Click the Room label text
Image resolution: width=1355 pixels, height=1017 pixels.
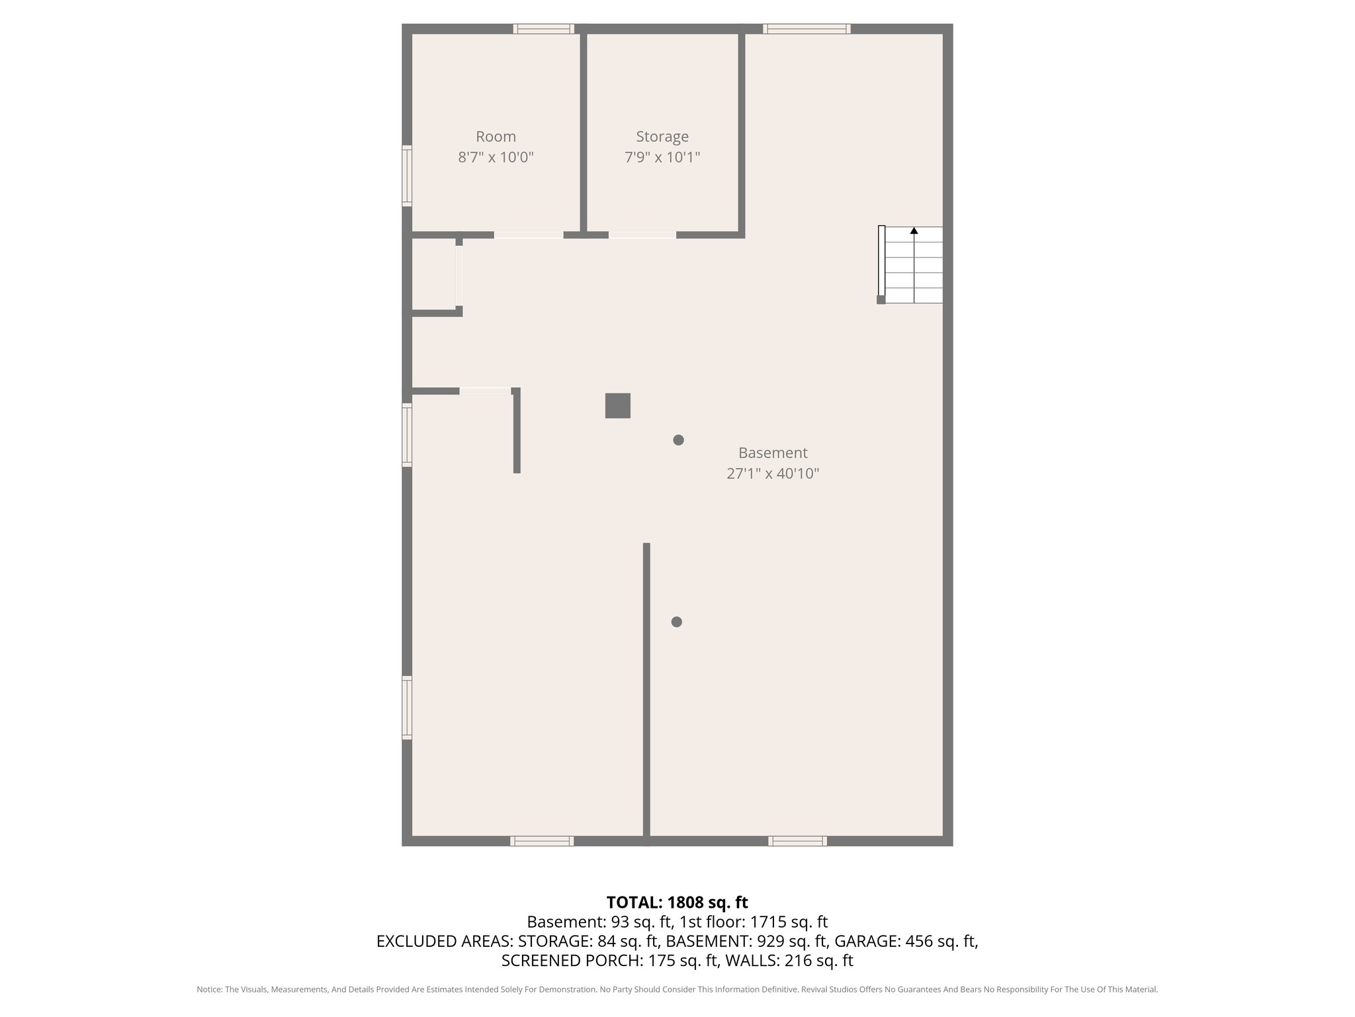(x=496, y=136)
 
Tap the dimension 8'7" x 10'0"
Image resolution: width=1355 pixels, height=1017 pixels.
(x=496, y=158)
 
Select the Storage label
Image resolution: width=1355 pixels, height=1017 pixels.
(x=662, y=136)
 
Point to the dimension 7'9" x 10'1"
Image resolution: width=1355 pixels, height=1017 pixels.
(x=662, y=158)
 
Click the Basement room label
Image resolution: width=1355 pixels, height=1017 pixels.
(x=773, y=453)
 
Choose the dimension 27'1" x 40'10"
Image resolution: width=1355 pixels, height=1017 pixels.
(x=773, y=474)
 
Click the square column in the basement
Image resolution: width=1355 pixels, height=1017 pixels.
(x=617, y=406)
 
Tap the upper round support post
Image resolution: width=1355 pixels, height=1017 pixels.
(x=678, y=440)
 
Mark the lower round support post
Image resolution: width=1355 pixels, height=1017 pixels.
(x=676, y=622)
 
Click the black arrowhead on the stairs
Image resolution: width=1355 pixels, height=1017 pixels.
(x=914, y=230)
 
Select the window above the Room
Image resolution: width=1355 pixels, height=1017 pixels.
(x=544, y=28)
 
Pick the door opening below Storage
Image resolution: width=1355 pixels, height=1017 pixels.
(x=642, y=235)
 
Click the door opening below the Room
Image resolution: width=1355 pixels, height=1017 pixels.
(x=529, y=235)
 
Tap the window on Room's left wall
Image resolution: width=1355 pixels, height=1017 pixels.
(x=407, y=175)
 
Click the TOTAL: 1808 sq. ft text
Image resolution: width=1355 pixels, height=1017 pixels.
(x=677, y=902)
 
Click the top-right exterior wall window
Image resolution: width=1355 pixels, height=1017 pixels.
(x=807, y=28)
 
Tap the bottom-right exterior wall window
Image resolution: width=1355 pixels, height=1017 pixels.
(x=797, y=841)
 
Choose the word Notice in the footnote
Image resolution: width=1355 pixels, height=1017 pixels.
(x=208, y=990)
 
